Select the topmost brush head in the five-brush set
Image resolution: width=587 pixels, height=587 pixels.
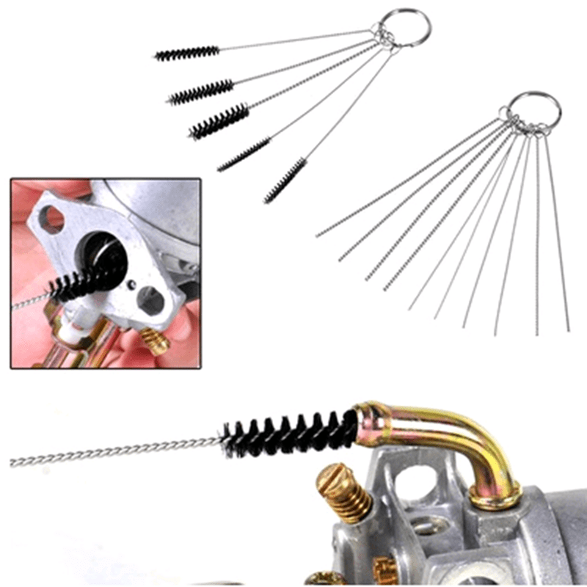click(x=188, y=53)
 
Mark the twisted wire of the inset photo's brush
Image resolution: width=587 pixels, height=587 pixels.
click(x=29, y=300)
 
